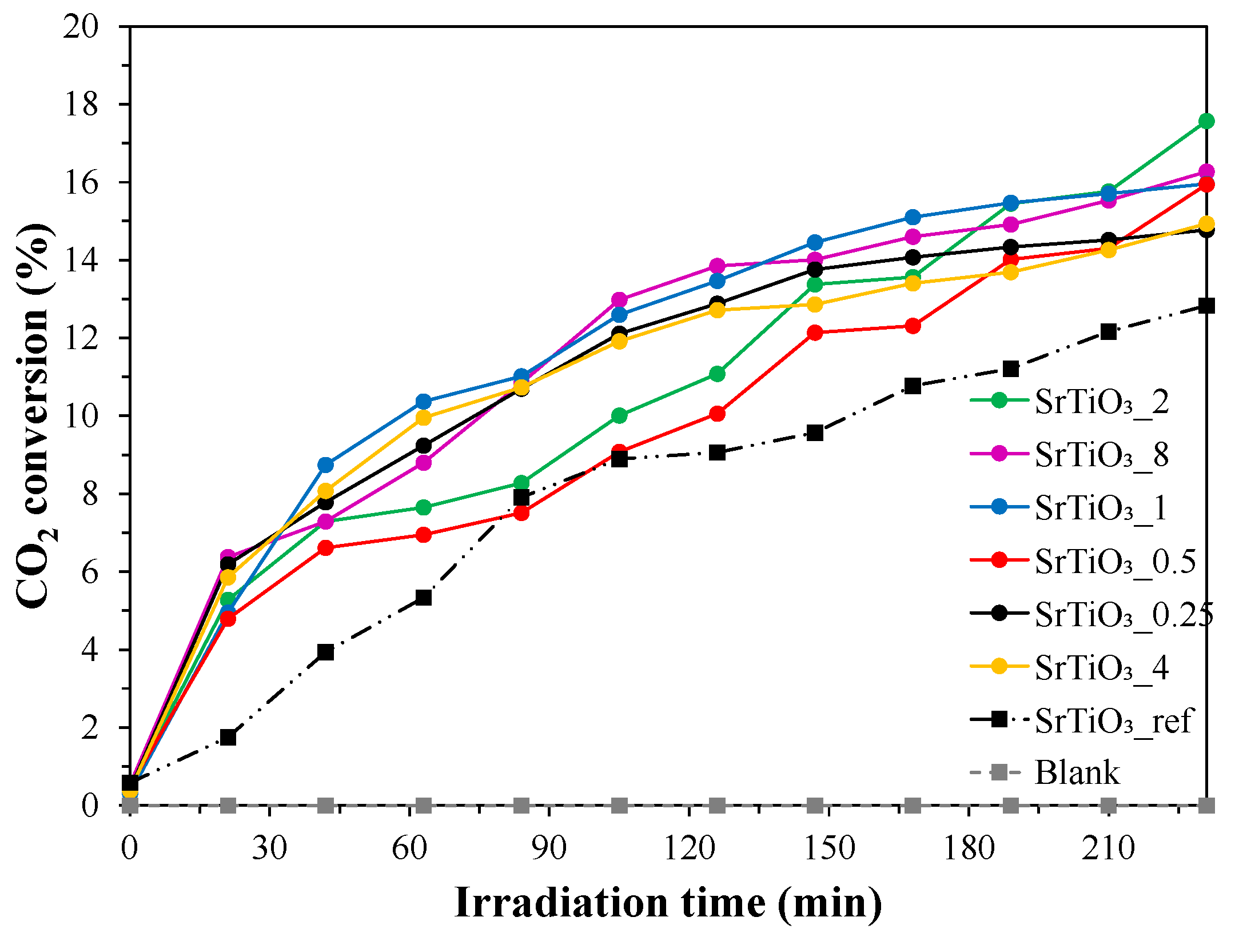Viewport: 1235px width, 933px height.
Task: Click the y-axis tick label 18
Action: [81, 105]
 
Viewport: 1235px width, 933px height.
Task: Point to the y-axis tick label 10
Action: [81, 416]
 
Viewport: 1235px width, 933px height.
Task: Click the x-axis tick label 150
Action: [829, 848]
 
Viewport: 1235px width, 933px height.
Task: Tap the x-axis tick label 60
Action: [409, 848]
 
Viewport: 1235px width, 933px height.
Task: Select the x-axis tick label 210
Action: [1108, 848]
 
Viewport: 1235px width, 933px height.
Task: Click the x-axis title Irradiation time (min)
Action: [668, 903]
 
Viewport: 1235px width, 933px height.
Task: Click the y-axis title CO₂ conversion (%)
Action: [35, 416]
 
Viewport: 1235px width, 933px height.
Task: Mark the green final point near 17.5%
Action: [1206, 121]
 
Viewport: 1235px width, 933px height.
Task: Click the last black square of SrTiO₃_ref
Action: [1206, 306]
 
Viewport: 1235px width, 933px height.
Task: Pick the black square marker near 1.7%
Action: [228, 738]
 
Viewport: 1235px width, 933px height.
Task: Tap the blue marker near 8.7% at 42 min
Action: [326, 465]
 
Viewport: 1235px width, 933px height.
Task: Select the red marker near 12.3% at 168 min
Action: [913, 326]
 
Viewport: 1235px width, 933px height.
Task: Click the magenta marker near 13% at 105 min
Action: [619, 299]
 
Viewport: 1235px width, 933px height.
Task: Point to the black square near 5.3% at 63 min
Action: [424, 598]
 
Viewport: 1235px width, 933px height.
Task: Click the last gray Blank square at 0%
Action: [1206, 806]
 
